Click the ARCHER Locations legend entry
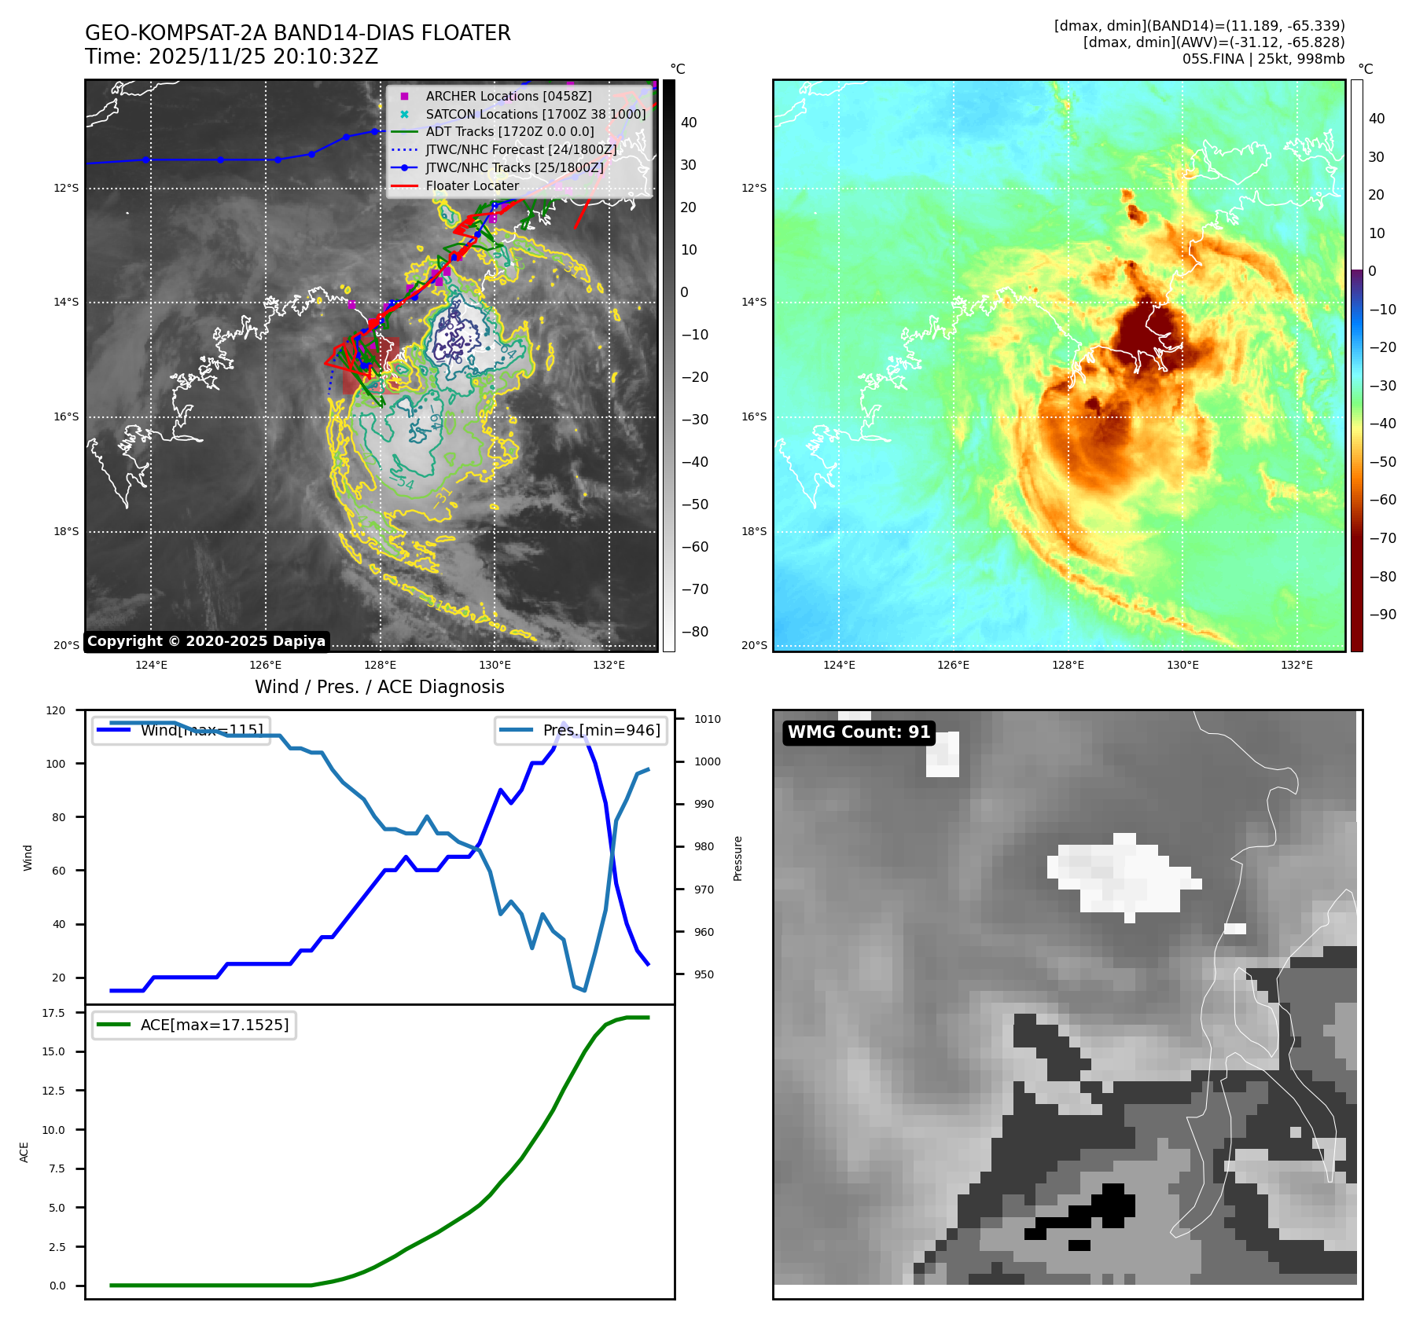click(x=508, y=96)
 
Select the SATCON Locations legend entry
click(x=535, y=114)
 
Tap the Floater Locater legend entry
click(x=472, y=186)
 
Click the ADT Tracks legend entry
click(x=509, y=132)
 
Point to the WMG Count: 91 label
click(x=859, y=732)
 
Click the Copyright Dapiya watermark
click(x=206, y=641)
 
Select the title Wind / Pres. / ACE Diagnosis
click(x=379, y=687)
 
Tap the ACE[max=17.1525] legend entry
click(x=214, y=1025)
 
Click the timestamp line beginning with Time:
click(x=231, y=57)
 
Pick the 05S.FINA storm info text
click(x=1263, y=59)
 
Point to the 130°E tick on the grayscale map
click(x=495, y=665)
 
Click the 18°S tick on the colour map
click(x=753, y=531)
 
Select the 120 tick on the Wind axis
click(x=56, y=710)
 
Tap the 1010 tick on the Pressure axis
click(x=708, y=719)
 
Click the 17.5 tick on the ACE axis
click(x=53, y=1013)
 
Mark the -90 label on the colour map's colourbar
click(x=1382, y=614)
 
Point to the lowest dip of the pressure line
click(x=584, y=991)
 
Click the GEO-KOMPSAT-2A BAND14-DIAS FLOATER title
click(x=297, y=33)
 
